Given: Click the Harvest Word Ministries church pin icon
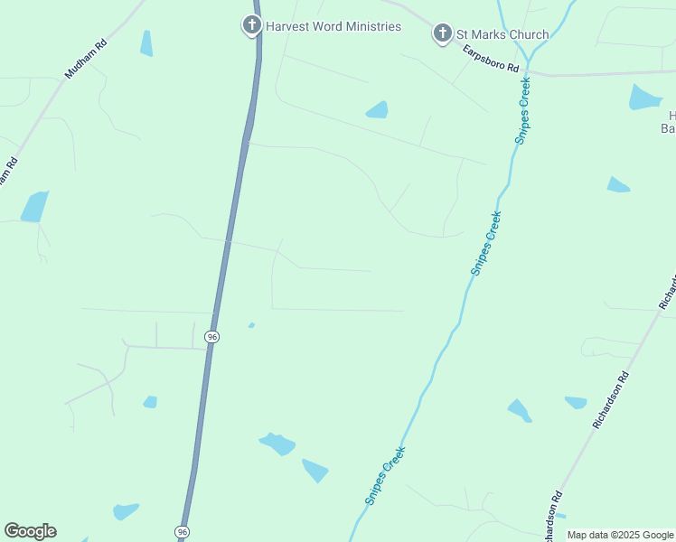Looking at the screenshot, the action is click(x=252, y=26).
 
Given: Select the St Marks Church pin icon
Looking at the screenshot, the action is click(x=442, y=34).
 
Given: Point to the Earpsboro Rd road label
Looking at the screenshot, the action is click(x=492, y=60).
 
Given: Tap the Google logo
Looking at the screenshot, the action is click(x=30, y=531).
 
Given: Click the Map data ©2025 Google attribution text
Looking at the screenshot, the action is click(x=621, y=535).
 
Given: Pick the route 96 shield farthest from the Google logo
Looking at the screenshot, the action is click(x=211, y=337).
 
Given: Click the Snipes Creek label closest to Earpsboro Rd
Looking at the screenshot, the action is click(x=522, y=110).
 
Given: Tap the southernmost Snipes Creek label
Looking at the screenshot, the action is click(x=385, y=475).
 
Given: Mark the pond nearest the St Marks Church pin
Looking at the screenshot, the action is click(x=377, y=110).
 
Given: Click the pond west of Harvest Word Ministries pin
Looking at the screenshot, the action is click(x=146, y=43).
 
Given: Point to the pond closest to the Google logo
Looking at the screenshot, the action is click(x=125, y=511).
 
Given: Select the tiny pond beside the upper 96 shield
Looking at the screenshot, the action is click(x=251, y=325).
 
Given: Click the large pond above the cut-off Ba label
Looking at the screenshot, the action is click(x=643, y=97).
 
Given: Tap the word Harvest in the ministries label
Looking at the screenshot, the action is click(x=287, y=26).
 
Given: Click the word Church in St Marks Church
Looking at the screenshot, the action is click(x=528, y=34).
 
